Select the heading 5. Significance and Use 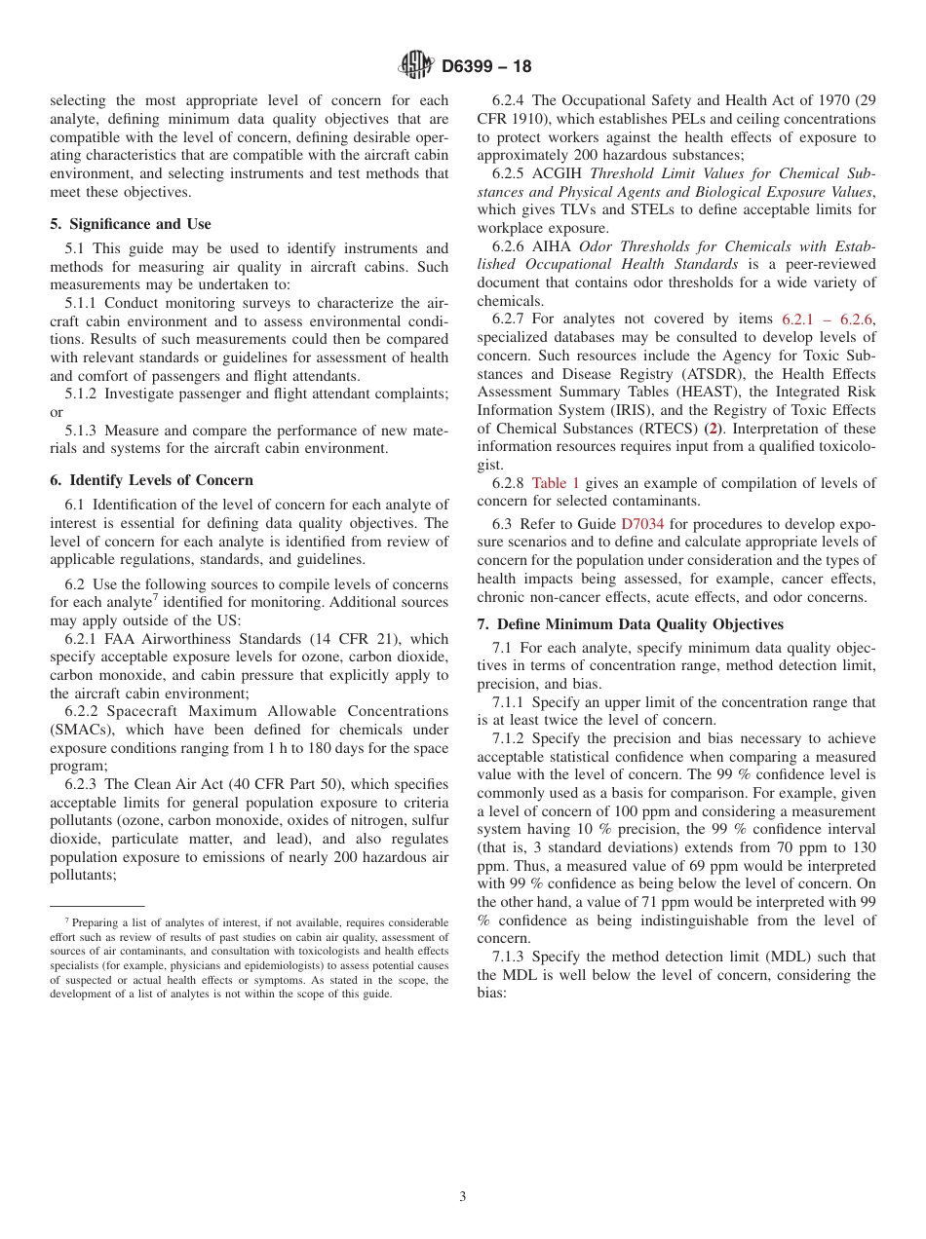[x=130, y=224]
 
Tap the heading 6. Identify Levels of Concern [x=151, y=480]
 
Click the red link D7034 [x=642, y=524]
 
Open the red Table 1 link [x=556, y=483]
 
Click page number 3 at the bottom [x=463, y=1197]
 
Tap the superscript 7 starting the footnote [x=67, y=920]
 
